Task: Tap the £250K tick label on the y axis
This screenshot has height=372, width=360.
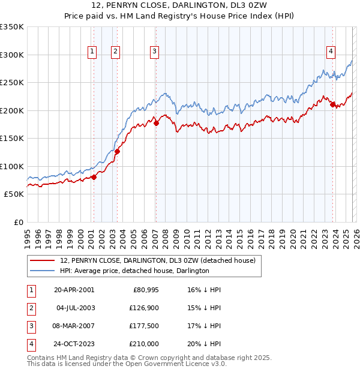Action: [x=12, y=83]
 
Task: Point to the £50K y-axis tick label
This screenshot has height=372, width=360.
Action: [x=14, y=194]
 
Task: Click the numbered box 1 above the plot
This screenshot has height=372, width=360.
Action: [x=92, y=52]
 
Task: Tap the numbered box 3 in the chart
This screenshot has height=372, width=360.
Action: [x=154, y=52]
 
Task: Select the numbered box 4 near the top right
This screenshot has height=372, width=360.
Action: [x=331, y=52]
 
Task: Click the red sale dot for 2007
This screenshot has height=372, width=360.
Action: [x=156, y=124]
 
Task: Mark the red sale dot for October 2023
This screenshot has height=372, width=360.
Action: [x=332, y=105]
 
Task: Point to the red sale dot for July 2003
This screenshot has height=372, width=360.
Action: [x=118, y=152]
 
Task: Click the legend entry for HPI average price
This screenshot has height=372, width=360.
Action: [x=134, y=271]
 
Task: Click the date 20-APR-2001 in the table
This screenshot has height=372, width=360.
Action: [x=74, y=290]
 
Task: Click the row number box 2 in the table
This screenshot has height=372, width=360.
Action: [x=30, y=308]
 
